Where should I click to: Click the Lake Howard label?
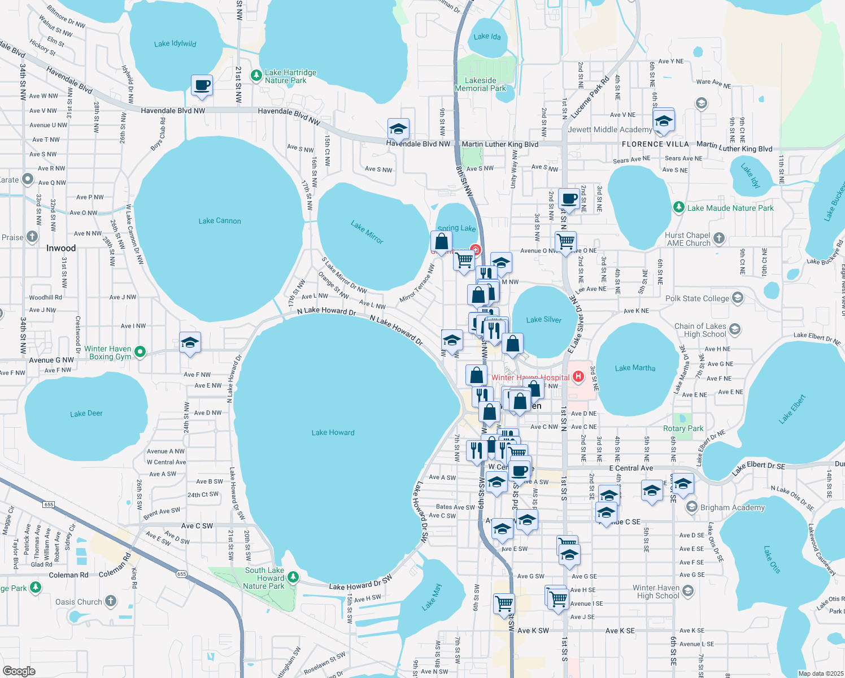tap(333, 433)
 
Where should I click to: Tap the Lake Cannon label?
tap(220, 221)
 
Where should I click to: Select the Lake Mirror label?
tap(367, 232)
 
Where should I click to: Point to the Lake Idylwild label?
tap(175, 44)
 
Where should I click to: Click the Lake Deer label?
tap(86, 414)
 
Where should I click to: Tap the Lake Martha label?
tap(635, 368)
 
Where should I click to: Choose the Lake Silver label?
tap(543, 320)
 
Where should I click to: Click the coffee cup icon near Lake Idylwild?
tap(202, 86)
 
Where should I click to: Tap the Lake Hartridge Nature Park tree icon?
tap(256, 75)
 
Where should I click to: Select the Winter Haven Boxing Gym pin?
tap(140, 352)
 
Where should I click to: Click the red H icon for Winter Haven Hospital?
tap(578, 376)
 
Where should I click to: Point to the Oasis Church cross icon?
tap(111, 601)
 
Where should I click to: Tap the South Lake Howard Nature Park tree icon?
tap(293, 577)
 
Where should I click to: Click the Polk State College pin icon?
tap(737, 298)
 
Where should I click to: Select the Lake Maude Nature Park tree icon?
tap(679, 208)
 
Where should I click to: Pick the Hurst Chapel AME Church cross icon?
tap(718, 238)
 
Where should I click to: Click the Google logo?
tap(19, 671)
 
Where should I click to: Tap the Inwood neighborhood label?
tap(61, 248)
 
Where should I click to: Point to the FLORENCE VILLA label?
tap(655, 144)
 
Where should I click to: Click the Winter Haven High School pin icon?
tap(687, 591)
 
